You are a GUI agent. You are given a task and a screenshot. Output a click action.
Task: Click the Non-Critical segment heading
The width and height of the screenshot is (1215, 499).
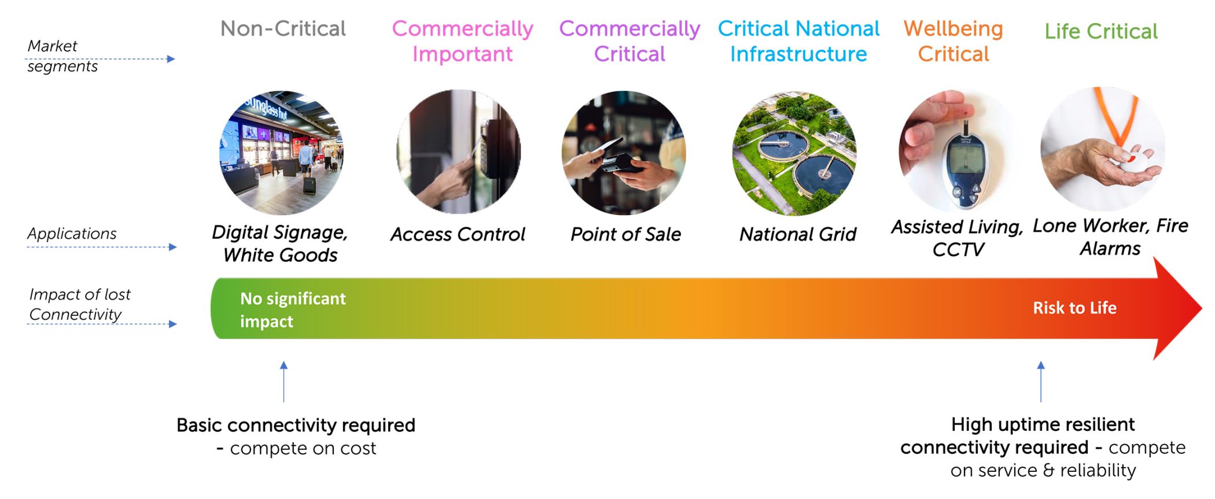(283, 29)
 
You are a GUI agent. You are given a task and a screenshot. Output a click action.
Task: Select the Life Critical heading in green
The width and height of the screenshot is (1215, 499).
(1101, 31)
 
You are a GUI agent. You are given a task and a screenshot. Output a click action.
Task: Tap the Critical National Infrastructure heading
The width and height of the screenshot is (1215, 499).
(798, 41)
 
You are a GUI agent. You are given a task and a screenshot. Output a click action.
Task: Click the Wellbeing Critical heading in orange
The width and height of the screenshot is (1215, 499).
(953, 41)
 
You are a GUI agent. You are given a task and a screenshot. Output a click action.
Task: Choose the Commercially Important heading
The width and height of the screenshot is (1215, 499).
(462, 41)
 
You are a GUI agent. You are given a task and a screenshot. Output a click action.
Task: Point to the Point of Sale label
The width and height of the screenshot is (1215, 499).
(625, 234)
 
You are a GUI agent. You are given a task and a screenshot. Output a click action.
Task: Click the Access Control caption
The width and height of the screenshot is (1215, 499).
(458, 234)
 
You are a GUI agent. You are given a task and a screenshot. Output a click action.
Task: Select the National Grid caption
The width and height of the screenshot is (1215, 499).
(798, 234)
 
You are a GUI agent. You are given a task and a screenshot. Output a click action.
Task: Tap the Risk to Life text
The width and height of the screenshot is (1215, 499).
(1074, 308)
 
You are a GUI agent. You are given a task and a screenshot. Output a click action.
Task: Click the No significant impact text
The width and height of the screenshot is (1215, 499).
(293, 310)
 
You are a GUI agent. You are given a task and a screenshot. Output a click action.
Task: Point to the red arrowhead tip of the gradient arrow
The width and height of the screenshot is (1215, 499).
(1202, 308)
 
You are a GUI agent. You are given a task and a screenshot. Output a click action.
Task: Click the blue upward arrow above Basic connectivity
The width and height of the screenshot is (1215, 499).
(283, 382)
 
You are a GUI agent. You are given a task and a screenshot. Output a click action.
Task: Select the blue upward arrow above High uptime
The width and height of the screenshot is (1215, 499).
(1041, 382)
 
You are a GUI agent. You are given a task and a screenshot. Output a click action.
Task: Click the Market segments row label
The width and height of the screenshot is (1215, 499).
(62, 56)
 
